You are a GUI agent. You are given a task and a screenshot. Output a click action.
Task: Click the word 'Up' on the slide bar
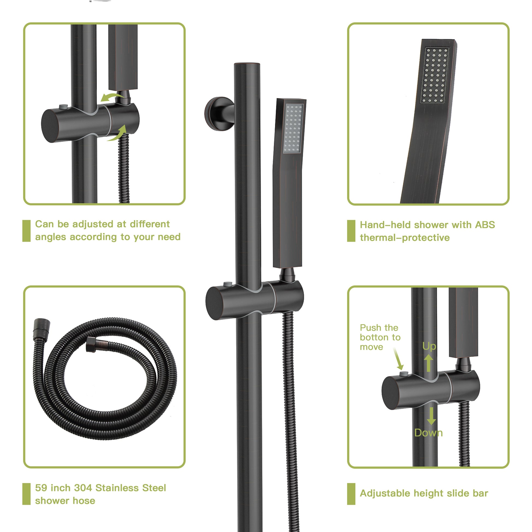pos(429,346)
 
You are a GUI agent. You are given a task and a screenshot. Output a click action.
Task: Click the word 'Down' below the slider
pos(428,433)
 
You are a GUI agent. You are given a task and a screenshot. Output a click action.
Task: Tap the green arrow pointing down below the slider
pos(431,416)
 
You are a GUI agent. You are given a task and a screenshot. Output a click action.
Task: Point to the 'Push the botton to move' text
pos(380,337)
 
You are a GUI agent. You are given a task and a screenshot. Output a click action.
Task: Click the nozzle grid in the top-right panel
pos(435,75)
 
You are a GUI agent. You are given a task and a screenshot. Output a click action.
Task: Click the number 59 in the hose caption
pos(41,488)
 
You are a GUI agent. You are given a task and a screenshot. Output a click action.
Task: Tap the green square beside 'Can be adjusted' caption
pos(27,231)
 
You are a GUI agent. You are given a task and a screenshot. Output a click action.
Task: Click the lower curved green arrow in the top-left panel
pos(118,134)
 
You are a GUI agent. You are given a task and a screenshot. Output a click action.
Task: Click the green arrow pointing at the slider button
pos(398,359)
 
